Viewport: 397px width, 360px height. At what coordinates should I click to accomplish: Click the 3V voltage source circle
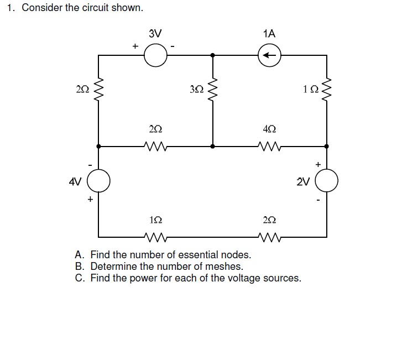(155, 55)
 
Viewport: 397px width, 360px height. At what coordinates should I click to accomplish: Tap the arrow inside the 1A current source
(269, 55)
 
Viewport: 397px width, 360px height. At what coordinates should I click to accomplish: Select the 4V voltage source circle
(99, 180)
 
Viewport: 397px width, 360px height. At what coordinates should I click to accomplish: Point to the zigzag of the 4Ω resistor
(269, 147)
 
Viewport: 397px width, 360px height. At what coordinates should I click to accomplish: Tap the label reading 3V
(155, 33)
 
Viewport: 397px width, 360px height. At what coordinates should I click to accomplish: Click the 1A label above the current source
(269, 33)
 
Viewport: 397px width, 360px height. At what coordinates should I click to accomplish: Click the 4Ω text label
(269, 129)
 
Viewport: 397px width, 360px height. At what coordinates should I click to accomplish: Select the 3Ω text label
(196, 89)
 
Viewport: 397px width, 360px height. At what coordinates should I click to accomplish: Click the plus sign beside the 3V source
(134, 46)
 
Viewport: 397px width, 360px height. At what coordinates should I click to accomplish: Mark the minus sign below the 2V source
(318, 200)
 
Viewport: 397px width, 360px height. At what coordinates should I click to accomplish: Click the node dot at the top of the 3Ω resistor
(213, 55)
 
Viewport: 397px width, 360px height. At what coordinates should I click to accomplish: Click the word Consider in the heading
(42, 8)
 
